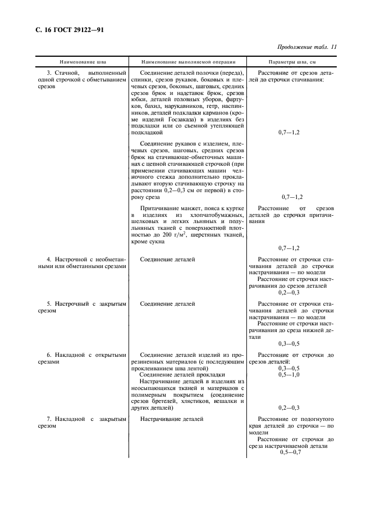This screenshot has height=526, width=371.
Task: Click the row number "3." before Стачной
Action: click(50, 74)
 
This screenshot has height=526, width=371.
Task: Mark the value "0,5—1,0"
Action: click(289, 374)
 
